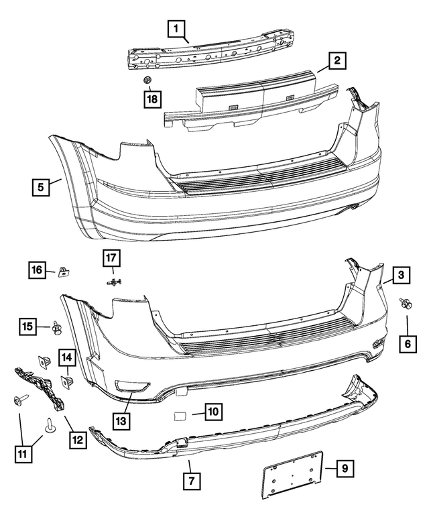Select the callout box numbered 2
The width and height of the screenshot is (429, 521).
[x=337, y=62]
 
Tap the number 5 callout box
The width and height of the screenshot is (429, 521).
[x=42, y=187]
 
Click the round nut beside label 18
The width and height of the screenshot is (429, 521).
[x=147, y=81]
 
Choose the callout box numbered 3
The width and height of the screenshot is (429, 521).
[x=400, y=274]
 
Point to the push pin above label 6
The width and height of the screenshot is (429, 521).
[x=406, y=304]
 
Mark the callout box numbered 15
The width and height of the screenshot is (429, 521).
[x=27, y=327]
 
